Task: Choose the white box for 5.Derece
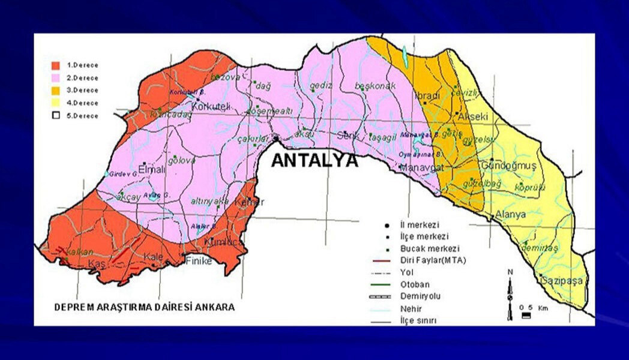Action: (56, 116)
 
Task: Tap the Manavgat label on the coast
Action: (420, 167)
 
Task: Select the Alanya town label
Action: (510, 214)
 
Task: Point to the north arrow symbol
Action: (510, 294)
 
